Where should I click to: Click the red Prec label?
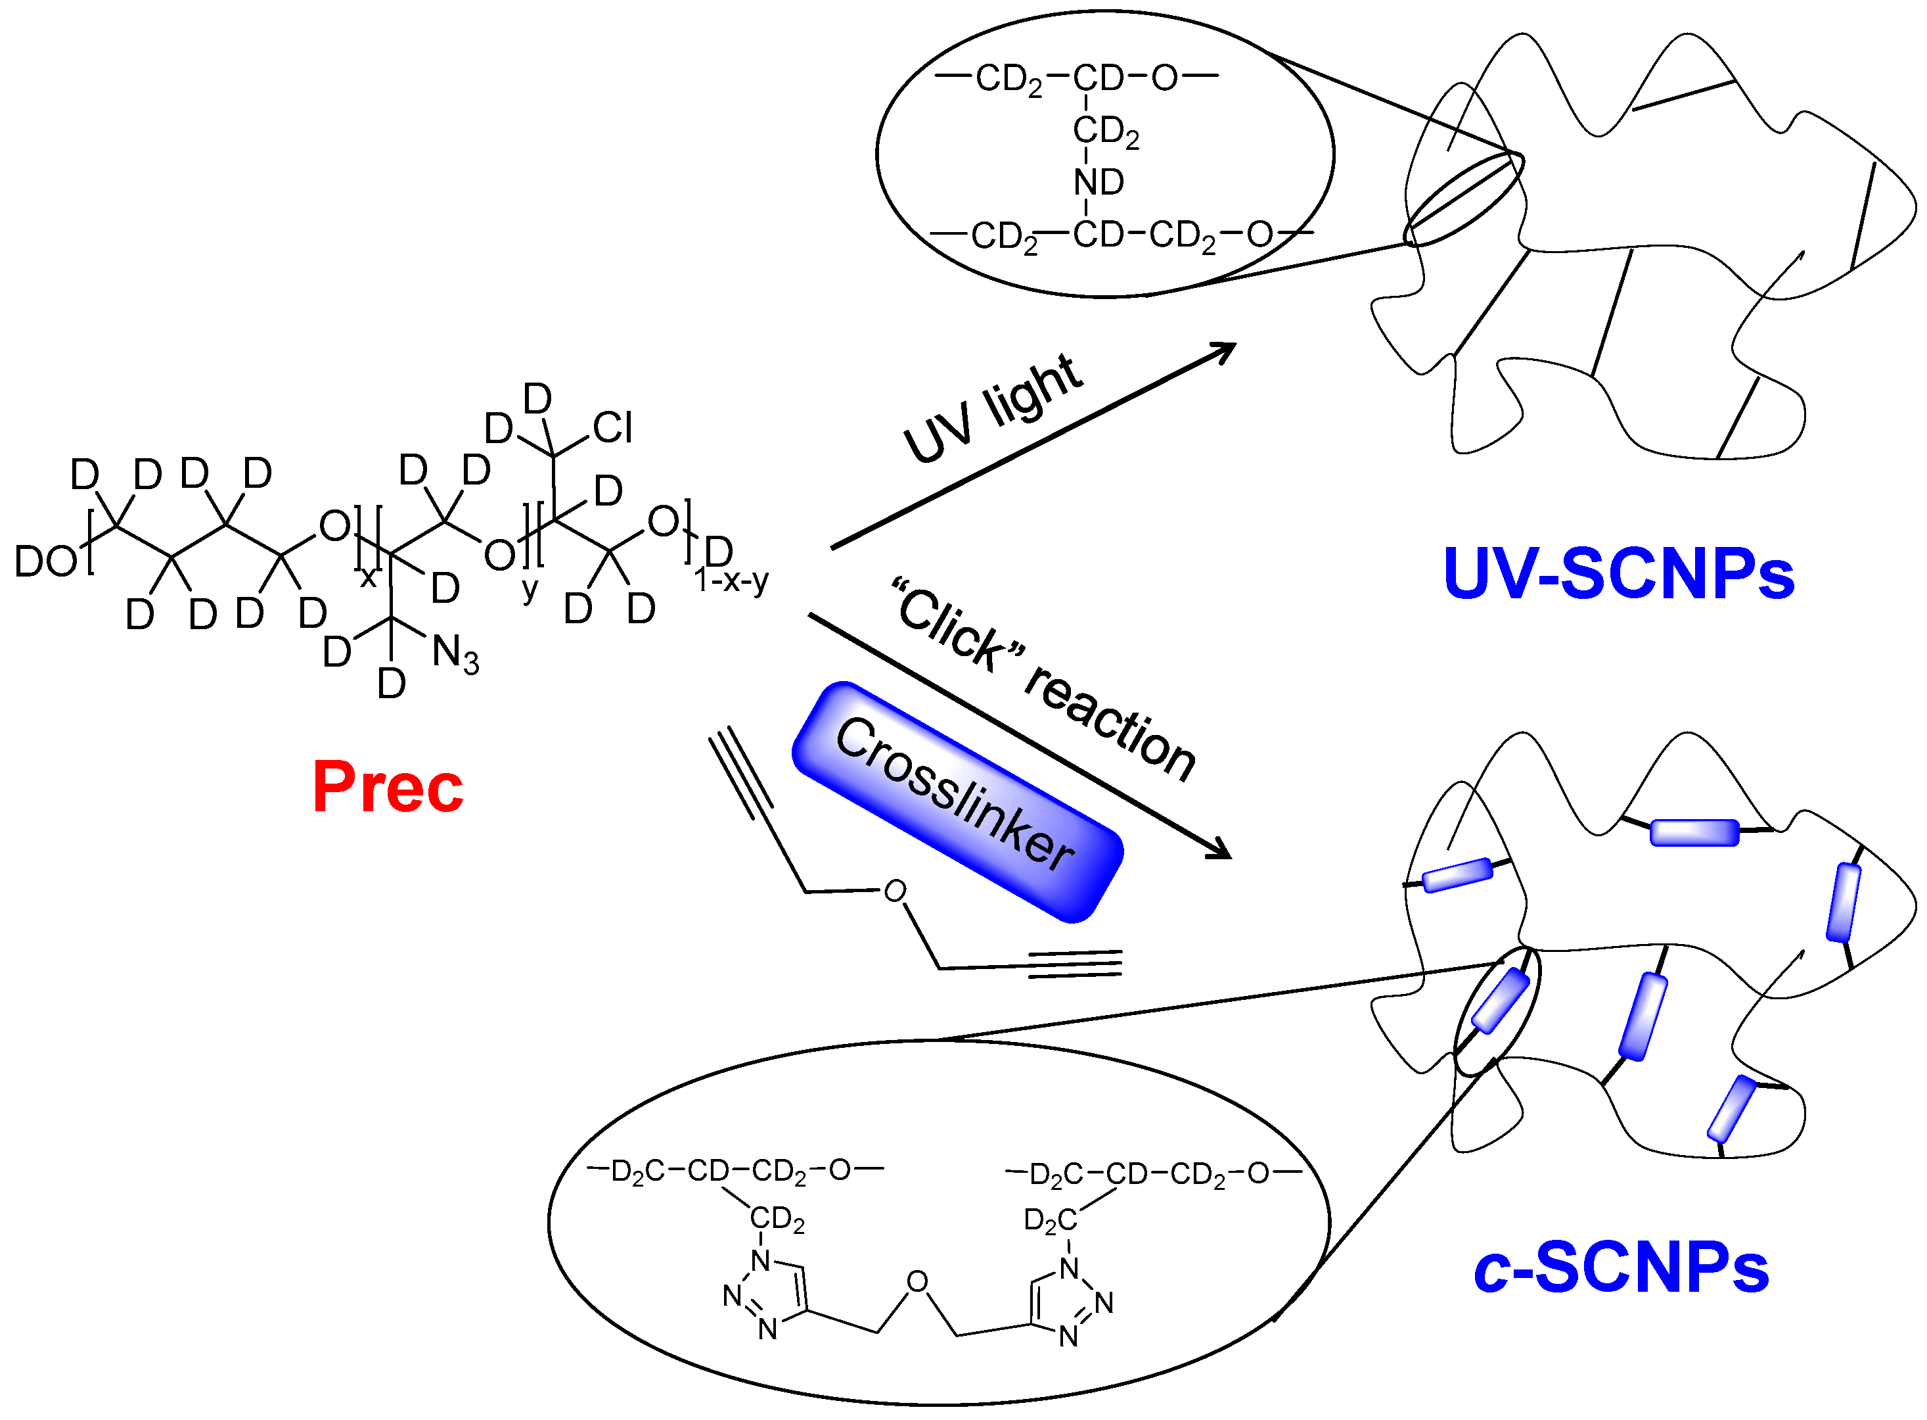tap(388, 788)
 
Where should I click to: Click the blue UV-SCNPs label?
tap(1619, 574)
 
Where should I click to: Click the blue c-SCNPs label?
tap(1620, 1269)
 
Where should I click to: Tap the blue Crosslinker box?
tap(956, 802)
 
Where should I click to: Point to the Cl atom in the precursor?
tap(612, 427)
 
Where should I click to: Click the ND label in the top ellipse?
tap(1098, 182)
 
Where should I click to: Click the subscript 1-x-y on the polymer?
tap(731, 581)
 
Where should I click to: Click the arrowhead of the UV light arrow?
tap(1224, 350)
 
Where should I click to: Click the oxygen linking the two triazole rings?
tap(918, 1283)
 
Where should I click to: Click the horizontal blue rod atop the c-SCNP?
tap(1694, 832)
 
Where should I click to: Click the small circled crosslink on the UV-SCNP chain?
tap(1463, 199)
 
